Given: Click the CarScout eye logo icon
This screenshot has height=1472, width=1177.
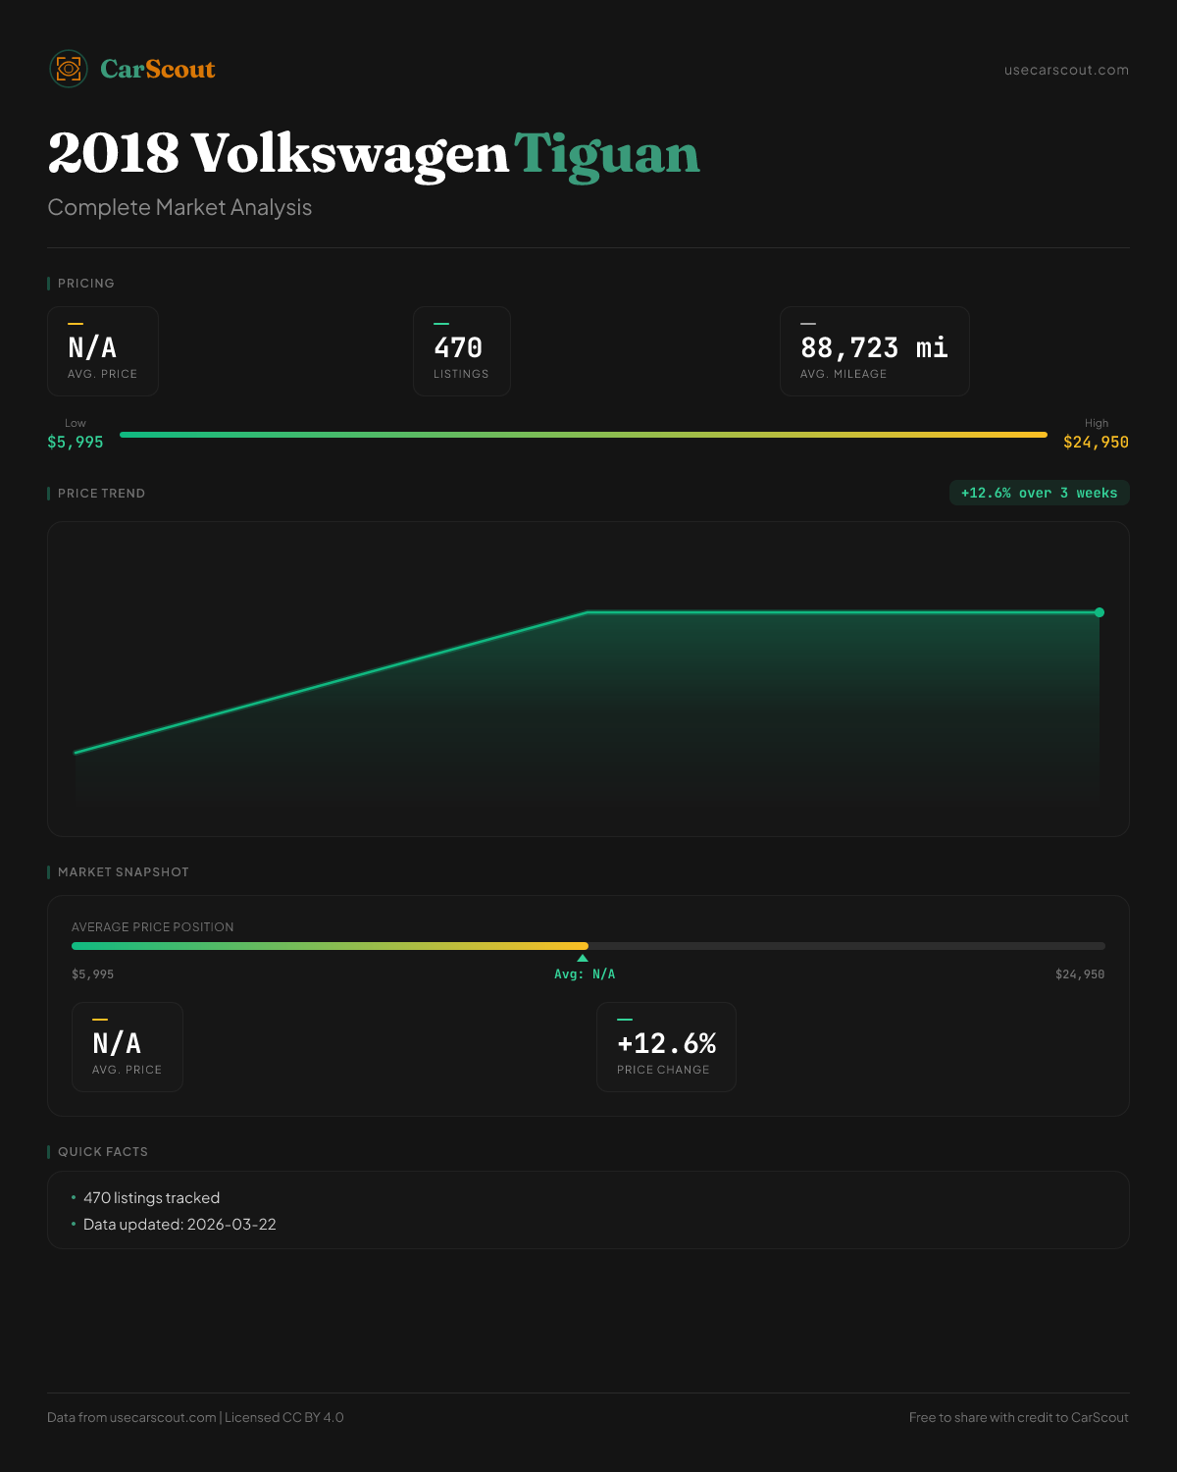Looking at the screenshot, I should (69, 69).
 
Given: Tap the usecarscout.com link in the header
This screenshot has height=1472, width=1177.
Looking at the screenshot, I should (1066, 70).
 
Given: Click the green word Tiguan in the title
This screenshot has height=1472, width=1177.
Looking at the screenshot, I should (607, 154).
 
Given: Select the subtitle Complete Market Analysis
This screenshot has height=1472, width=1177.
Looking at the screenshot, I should (179, 207).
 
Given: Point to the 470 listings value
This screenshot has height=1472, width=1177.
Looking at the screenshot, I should (458, 348).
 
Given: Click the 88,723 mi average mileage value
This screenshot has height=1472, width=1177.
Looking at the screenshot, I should (874, 348).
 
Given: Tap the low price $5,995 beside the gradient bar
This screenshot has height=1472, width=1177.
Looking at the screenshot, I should (76, 443).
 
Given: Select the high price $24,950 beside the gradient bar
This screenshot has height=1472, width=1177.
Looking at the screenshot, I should (1096, 443).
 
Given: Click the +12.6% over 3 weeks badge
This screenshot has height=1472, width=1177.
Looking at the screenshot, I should (1039, 493).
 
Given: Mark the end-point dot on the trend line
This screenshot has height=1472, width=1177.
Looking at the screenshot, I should (1100, 612).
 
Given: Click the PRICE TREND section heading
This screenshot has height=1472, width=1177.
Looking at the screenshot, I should (101, 494).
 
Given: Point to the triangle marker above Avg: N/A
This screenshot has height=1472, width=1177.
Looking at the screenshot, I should (583, 958).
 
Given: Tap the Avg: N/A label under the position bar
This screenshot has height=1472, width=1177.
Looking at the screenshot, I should (585, 974).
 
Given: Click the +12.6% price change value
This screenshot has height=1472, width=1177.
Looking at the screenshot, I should (666, 1043).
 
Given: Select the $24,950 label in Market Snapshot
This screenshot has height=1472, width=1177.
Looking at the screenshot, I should (1079, 974).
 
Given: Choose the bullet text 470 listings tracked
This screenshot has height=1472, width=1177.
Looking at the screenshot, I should (151, 1198).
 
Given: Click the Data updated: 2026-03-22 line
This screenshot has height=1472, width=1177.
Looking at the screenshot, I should (179, 1225).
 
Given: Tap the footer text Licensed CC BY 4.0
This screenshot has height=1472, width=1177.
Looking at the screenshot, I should (283, 1417).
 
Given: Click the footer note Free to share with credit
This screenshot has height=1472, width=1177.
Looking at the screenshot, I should (1018, 1417).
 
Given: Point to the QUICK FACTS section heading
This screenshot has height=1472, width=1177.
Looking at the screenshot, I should (103, 1152).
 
